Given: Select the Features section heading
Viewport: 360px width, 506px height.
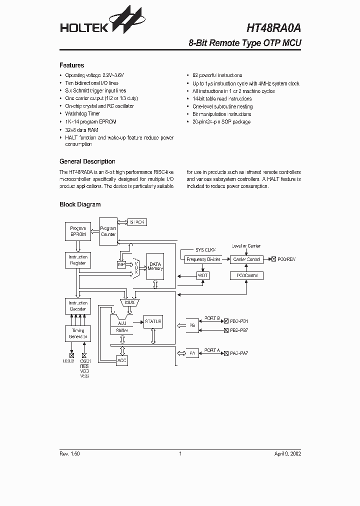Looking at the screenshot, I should point(72,65).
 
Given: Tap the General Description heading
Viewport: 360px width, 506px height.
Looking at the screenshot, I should point(87,161).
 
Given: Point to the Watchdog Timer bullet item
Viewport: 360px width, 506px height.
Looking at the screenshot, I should point(82,114).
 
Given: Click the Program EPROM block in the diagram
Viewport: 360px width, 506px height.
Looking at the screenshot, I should point(78,231).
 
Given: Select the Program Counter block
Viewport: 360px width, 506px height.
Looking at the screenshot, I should point(108,231).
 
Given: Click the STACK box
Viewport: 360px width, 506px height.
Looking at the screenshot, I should point(136,221).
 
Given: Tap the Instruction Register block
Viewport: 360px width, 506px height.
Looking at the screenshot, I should point(78,260).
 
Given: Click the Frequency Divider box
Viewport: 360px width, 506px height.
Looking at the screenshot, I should point(202,259).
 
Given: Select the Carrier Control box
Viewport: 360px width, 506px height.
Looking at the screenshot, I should point(246,259).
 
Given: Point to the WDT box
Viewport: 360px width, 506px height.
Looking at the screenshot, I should point(202,275).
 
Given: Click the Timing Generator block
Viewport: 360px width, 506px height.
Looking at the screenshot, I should point(78,333).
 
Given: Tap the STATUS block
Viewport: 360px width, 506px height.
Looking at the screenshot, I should point(153,321).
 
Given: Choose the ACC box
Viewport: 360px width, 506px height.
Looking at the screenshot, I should point(122,360).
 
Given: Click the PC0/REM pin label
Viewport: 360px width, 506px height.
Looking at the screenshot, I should point(286,259).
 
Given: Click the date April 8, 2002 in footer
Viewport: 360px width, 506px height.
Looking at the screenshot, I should point(287,453).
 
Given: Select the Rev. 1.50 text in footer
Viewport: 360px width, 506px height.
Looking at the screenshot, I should point(69,453).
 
